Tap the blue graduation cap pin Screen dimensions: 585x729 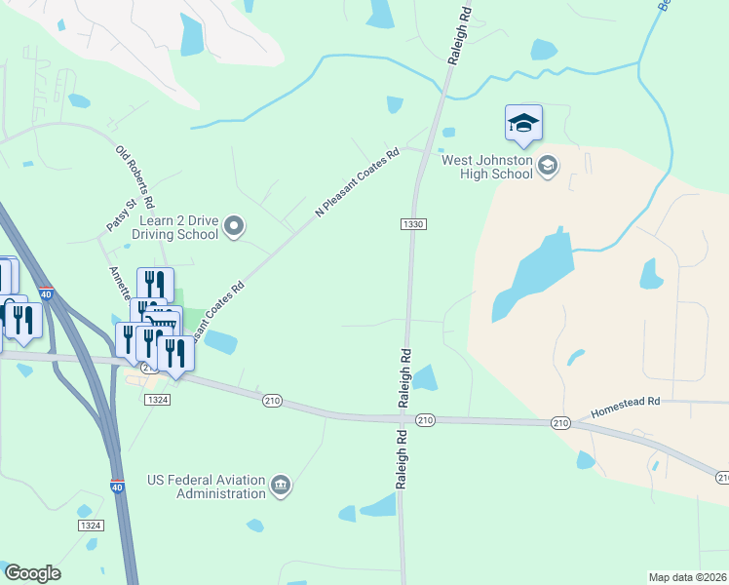click(523, 123)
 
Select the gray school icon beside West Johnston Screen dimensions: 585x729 click(548, 166)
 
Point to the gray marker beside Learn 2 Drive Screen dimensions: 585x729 click(234, 227)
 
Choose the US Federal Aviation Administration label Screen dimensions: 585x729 click(207, 487)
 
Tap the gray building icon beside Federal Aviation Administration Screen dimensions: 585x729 click(281, 485)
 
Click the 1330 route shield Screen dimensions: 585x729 click(412, 224)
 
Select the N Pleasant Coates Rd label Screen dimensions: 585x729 click(358, 182)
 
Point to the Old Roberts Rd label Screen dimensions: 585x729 click(135, 178)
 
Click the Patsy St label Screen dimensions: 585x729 click(118, 217)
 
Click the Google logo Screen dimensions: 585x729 click(32, 573)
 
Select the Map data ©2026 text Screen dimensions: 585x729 click(688, 576)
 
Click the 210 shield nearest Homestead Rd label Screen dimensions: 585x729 click(559, 422)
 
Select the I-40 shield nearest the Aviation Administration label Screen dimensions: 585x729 click(116, 487)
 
